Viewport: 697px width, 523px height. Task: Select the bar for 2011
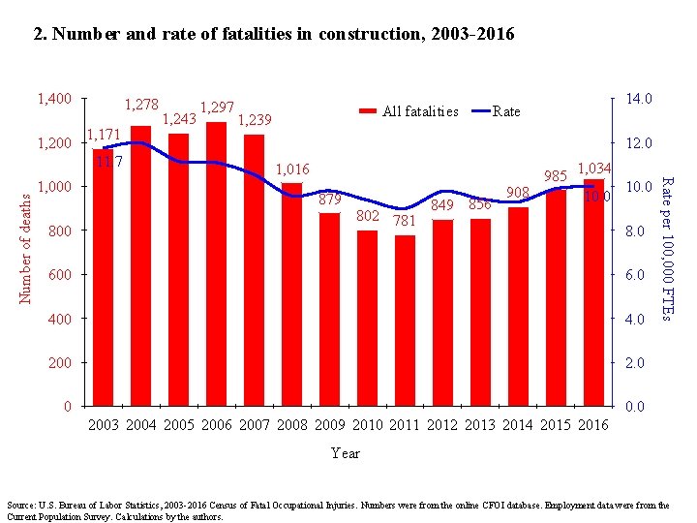(x=406, y=320)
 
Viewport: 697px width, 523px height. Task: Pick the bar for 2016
(x=594, y=291)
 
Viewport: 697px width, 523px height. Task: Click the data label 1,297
(x=215, y=108)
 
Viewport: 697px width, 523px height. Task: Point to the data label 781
(x=405, y=221)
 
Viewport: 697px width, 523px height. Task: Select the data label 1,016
(x=292, y=169)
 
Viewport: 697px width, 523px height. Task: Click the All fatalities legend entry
(x=409, y=111)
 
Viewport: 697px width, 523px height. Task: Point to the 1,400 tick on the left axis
(x=53, y=99)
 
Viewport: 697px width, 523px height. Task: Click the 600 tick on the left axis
(x=60, y=275)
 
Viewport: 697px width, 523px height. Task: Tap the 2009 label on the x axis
(x=330, y=424)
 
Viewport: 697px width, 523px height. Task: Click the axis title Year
(x=345, y=453)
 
